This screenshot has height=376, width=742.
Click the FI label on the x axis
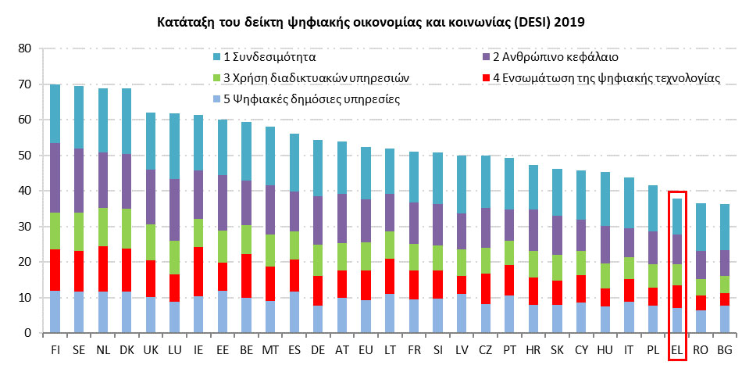coord(55,351)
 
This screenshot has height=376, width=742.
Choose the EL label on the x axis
coord(677,351)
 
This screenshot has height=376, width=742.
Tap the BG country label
coord(725,351)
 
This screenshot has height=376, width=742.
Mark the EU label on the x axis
coord(366,351)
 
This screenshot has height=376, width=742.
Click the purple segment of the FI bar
coord(55,178)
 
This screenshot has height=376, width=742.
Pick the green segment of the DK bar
coord(127,229)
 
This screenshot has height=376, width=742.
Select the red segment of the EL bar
coord(677,296)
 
